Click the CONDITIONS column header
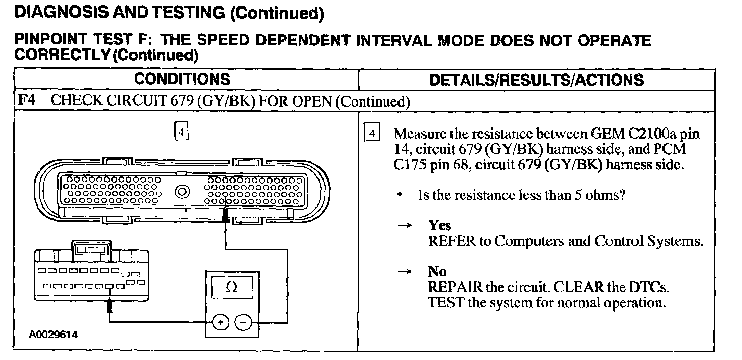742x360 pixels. tap(182, 80)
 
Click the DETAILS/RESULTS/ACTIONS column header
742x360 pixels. tap(537, 80)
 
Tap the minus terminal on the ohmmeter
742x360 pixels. tap(244, 323)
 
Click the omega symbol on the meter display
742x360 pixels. tap(231, 288)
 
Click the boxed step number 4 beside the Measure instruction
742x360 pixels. tap(373, 134)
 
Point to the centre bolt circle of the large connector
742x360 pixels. tap(182, 193)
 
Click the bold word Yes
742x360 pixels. tap(439, 225)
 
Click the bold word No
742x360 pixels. tap(437, 272)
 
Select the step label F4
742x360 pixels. tap(26, 100)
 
